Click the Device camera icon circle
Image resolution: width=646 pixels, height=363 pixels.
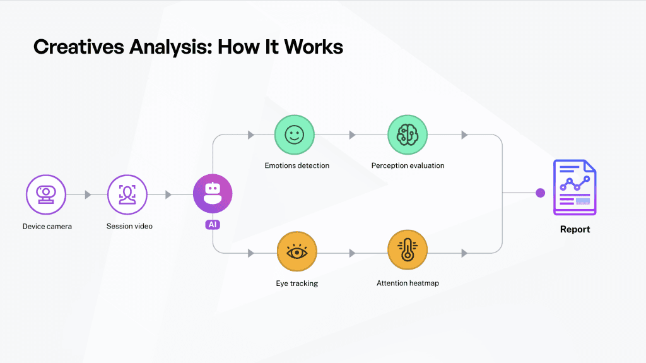pyautogui.click(x=46, y=194)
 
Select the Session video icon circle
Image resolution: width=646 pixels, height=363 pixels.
pyautogui.click(x=127, y=194)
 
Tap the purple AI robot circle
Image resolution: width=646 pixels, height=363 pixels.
pyautogui.click(x=213, y=194)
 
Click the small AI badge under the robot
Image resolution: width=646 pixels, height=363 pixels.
pyautogui.click(x=213, y=224)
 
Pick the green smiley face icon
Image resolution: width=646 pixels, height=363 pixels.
pyautogui.click(x=294, y=134)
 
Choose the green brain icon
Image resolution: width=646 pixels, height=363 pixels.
pyautogui.click(x=407, y=134)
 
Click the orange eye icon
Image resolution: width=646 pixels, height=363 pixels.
pyautogui.click(x=297, y=252)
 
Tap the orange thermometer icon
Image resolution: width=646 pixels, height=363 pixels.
pyautogui.click(x=407, y=252)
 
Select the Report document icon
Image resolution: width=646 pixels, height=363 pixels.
pyautogui.click(x=574, y=187)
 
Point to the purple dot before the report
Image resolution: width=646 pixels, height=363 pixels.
pyautogui.click(x=540, y=193)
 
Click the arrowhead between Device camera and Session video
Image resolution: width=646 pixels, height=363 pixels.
pyautogui.click(x=88, y=194)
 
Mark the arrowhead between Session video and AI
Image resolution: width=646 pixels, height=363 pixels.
pyautogui.click(x=168, y=194)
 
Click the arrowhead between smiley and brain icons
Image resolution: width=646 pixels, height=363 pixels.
pyautogui.click(x=352, y=134)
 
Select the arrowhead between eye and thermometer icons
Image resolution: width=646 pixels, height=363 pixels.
pyautogui.click(x=352, y=253)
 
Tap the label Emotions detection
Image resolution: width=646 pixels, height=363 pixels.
pyautogui.click(x=297, y=165)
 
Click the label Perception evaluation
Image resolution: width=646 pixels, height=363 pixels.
pyautogui.click(x=408, y=165)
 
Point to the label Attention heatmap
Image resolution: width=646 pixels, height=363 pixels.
pyautogui.click(x=408, y=283)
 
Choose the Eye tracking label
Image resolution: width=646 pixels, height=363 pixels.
pyautogui.click(x=297, y=283)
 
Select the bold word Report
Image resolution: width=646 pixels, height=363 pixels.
pyautogui.click(x=575, y=229)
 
